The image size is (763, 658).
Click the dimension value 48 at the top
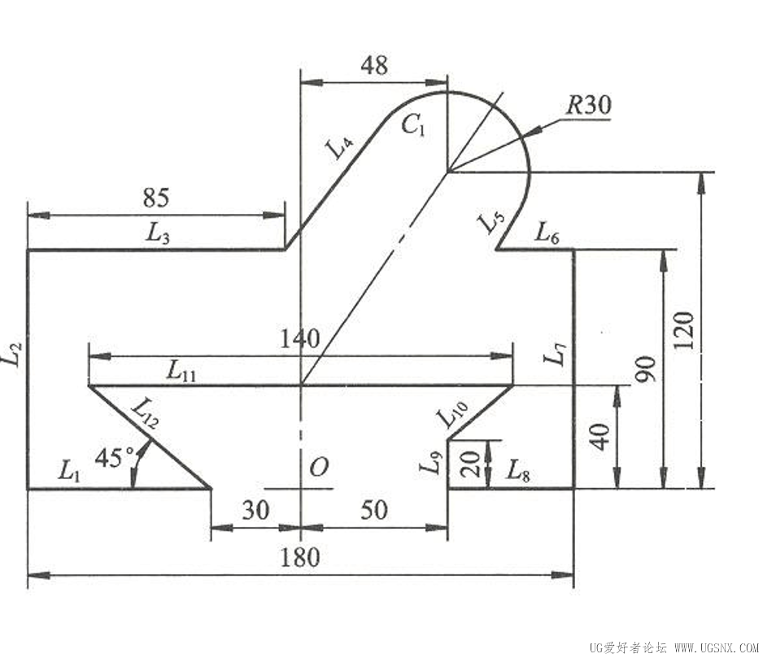point(374,65)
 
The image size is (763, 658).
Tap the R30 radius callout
point(588,105)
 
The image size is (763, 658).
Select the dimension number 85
point(156,198)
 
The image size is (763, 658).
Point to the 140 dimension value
point(299,338)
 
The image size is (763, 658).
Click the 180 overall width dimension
point(300,557)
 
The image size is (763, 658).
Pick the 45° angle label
point(115,457)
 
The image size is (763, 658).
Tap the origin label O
point(319,467)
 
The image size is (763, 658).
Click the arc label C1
point(413,126)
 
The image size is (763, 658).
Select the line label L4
point(339,146)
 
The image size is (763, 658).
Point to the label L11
point(181,371)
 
